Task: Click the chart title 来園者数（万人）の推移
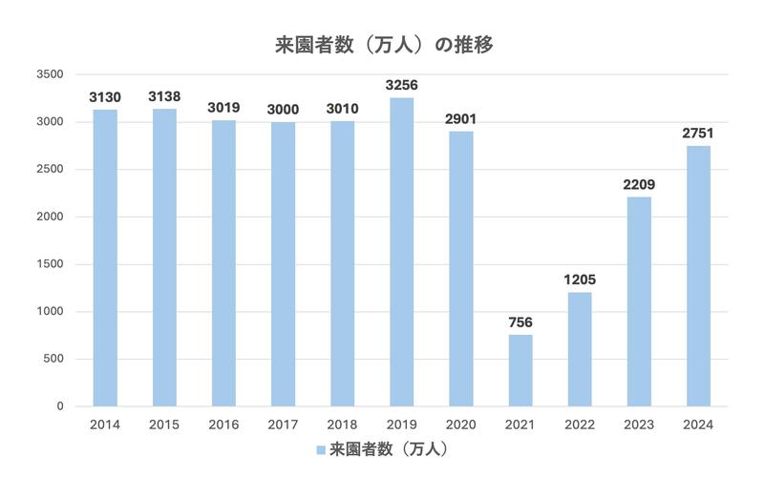[382, 45]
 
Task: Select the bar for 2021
[520, 370]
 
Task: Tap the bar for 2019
[401, 252]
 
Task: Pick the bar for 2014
[105, 258]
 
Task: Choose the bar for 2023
[639, 301]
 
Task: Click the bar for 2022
[580, 349]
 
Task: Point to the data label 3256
[401, 86]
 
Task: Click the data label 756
[520, 322]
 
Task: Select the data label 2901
[460, 119]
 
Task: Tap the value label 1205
[580, 280]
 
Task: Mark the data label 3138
[164, 96]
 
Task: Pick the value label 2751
[698, 134]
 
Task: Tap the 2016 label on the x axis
[223, 425]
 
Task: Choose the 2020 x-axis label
[460, 425]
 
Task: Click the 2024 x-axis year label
[698, 425]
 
